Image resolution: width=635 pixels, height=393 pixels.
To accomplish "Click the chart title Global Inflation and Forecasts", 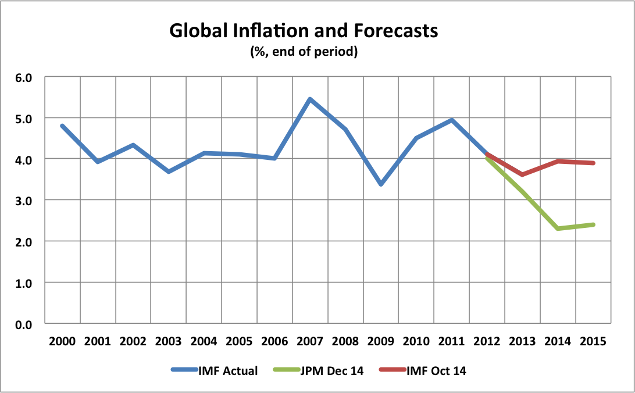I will [304, 31].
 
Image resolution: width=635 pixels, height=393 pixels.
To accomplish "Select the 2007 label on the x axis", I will [310, 342].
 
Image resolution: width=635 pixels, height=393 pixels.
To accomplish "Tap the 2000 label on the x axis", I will [62, 342].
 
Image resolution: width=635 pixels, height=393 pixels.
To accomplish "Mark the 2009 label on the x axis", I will [381, 342].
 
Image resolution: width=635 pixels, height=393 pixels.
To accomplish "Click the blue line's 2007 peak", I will [310, 99].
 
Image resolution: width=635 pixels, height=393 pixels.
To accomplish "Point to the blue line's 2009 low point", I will [381, 184].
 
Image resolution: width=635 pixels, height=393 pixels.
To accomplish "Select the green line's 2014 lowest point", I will [558, 228].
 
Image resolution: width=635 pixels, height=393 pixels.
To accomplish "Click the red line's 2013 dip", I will [523, 174].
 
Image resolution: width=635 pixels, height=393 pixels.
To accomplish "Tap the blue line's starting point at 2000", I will [62, 126].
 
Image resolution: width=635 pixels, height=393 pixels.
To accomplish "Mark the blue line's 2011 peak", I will [452, 120].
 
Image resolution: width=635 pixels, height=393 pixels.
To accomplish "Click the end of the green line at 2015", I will [593, 224].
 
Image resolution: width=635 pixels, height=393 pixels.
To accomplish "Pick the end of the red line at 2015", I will [593, 163].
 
